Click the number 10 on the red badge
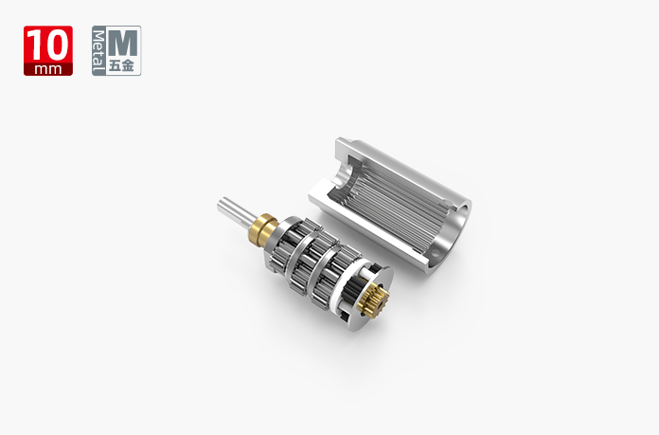click(x=48, y=45)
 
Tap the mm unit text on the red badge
click(x=48, y=69)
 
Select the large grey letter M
click(x=123, y=44)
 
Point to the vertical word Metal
click(x=98, y=50)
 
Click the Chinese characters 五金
click(x=121, y=66)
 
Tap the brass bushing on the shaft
click(x=262, y=228)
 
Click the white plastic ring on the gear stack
click(x=339, y=286)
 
